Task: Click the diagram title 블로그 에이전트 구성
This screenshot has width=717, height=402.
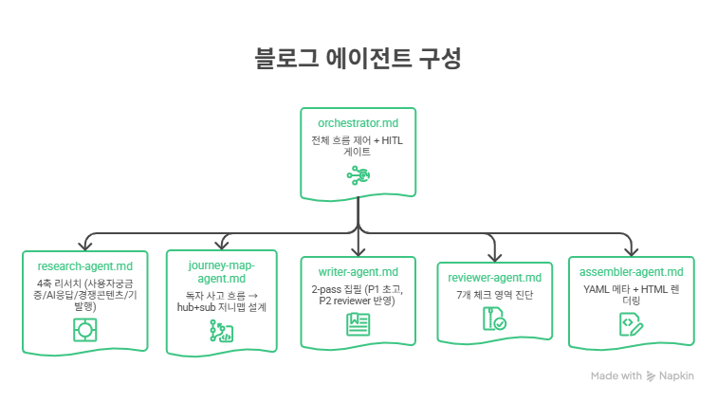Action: [358, 59]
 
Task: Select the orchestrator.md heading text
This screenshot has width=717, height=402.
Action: [358, 123]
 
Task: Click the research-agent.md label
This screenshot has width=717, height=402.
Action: [85, 267]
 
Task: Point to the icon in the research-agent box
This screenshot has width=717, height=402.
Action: [85, 329]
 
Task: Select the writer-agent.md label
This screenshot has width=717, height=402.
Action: [358, 273]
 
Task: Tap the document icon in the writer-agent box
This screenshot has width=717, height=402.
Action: [358, 324]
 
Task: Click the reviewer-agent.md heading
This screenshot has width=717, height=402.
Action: [494, 278]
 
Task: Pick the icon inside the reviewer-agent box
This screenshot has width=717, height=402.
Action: [494, 320]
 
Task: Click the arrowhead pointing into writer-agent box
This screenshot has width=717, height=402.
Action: [358, 250]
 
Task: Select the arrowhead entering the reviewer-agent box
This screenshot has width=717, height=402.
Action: [494, 255]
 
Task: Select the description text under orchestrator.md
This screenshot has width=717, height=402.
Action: [358, 145]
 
